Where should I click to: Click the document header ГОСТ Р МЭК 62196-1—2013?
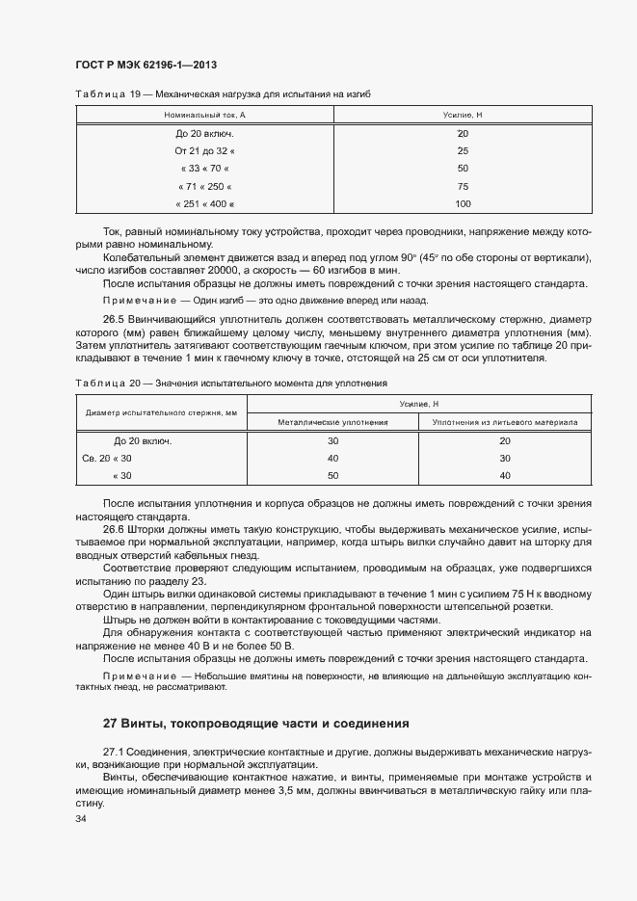point(145,64)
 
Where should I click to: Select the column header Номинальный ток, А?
point(204,115)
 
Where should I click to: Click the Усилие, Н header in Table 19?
point(463,115)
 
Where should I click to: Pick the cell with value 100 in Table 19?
point(463,203)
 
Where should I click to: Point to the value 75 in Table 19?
point(463,186)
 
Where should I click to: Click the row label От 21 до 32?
point(204,150)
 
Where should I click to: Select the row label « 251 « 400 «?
point(204,203)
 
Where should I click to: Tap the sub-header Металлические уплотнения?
point(332,422)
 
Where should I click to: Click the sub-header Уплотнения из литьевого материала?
point(504,422)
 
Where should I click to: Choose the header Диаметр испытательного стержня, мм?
point(161,412)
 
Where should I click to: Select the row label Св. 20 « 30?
point(107,459)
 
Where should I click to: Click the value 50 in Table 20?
point(333,476)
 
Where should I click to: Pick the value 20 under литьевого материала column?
point(504,441)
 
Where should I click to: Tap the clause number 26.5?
point(115,319)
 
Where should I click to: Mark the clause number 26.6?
point(115,530)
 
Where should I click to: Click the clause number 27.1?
point(115,750)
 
